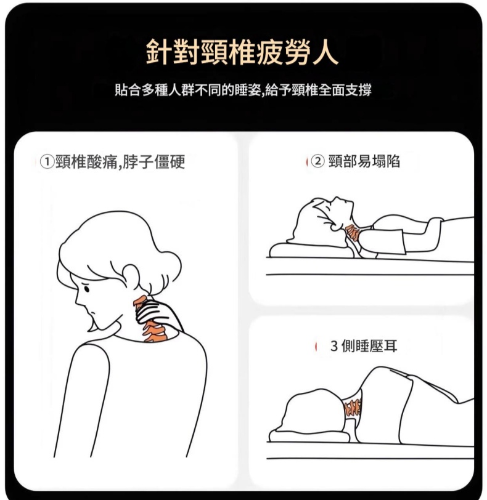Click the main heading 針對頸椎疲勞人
click(x=242, y=52)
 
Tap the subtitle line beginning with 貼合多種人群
click(x=243, y=90)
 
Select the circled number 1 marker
click(x=47, y=162)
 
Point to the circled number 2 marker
click(x=317, y=161)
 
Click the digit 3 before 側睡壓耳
click(x=334, y=345)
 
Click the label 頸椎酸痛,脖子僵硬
click(x=120, y=162)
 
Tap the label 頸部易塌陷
click(x=364, y=161)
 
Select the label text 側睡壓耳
click(x=369, y=345)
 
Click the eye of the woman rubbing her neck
click(x=86, y=289)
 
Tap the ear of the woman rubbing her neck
click(x=131, y=276)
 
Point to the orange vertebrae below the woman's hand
click(x=155, y=332)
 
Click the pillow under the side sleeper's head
click(x=309, y=435)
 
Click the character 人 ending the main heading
click(x=324, y=52)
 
